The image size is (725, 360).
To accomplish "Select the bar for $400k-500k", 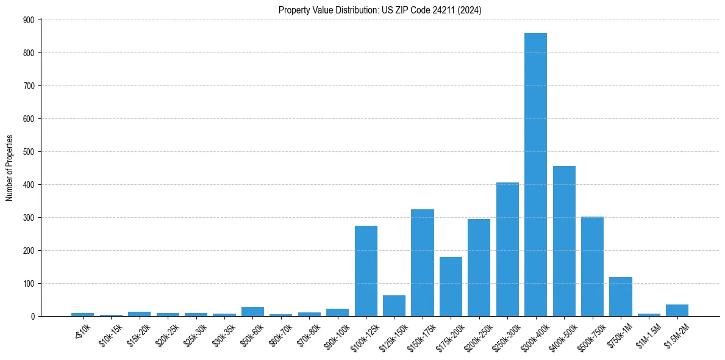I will (x=564, y=241).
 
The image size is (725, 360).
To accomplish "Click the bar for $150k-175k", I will (x=423, y=262).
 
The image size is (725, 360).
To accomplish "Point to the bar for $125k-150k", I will (x=394, y=306).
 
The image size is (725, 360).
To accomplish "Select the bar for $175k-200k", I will (x=451, y=286).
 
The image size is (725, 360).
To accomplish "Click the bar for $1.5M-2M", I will (x=677, y=310).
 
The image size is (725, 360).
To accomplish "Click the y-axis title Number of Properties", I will (x=10, y=168).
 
